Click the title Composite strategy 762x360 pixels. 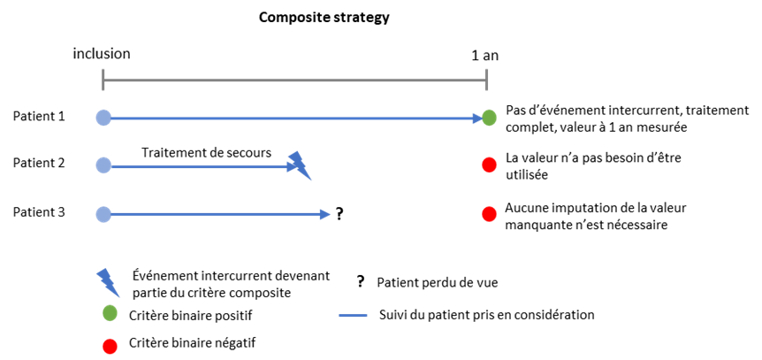324,18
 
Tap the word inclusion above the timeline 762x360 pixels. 102,53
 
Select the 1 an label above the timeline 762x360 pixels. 485,56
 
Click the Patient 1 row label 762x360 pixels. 38,117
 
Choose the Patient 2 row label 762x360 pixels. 38,163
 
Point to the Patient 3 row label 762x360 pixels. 38,212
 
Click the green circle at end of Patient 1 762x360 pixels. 490,118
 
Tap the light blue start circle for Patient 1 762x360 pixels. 103,118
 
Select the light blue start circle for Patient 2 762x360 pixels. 103,166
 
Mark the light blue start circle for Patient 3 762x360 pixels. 103,214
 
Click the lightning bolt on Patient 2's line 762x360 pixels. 300,165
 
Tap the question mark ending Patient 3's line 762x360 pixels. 339,214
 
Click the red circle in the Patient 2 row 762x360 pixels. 489,165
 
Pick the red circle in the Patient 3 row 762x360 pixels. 489,213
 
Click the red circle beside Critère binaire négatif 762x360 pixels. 110,347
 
